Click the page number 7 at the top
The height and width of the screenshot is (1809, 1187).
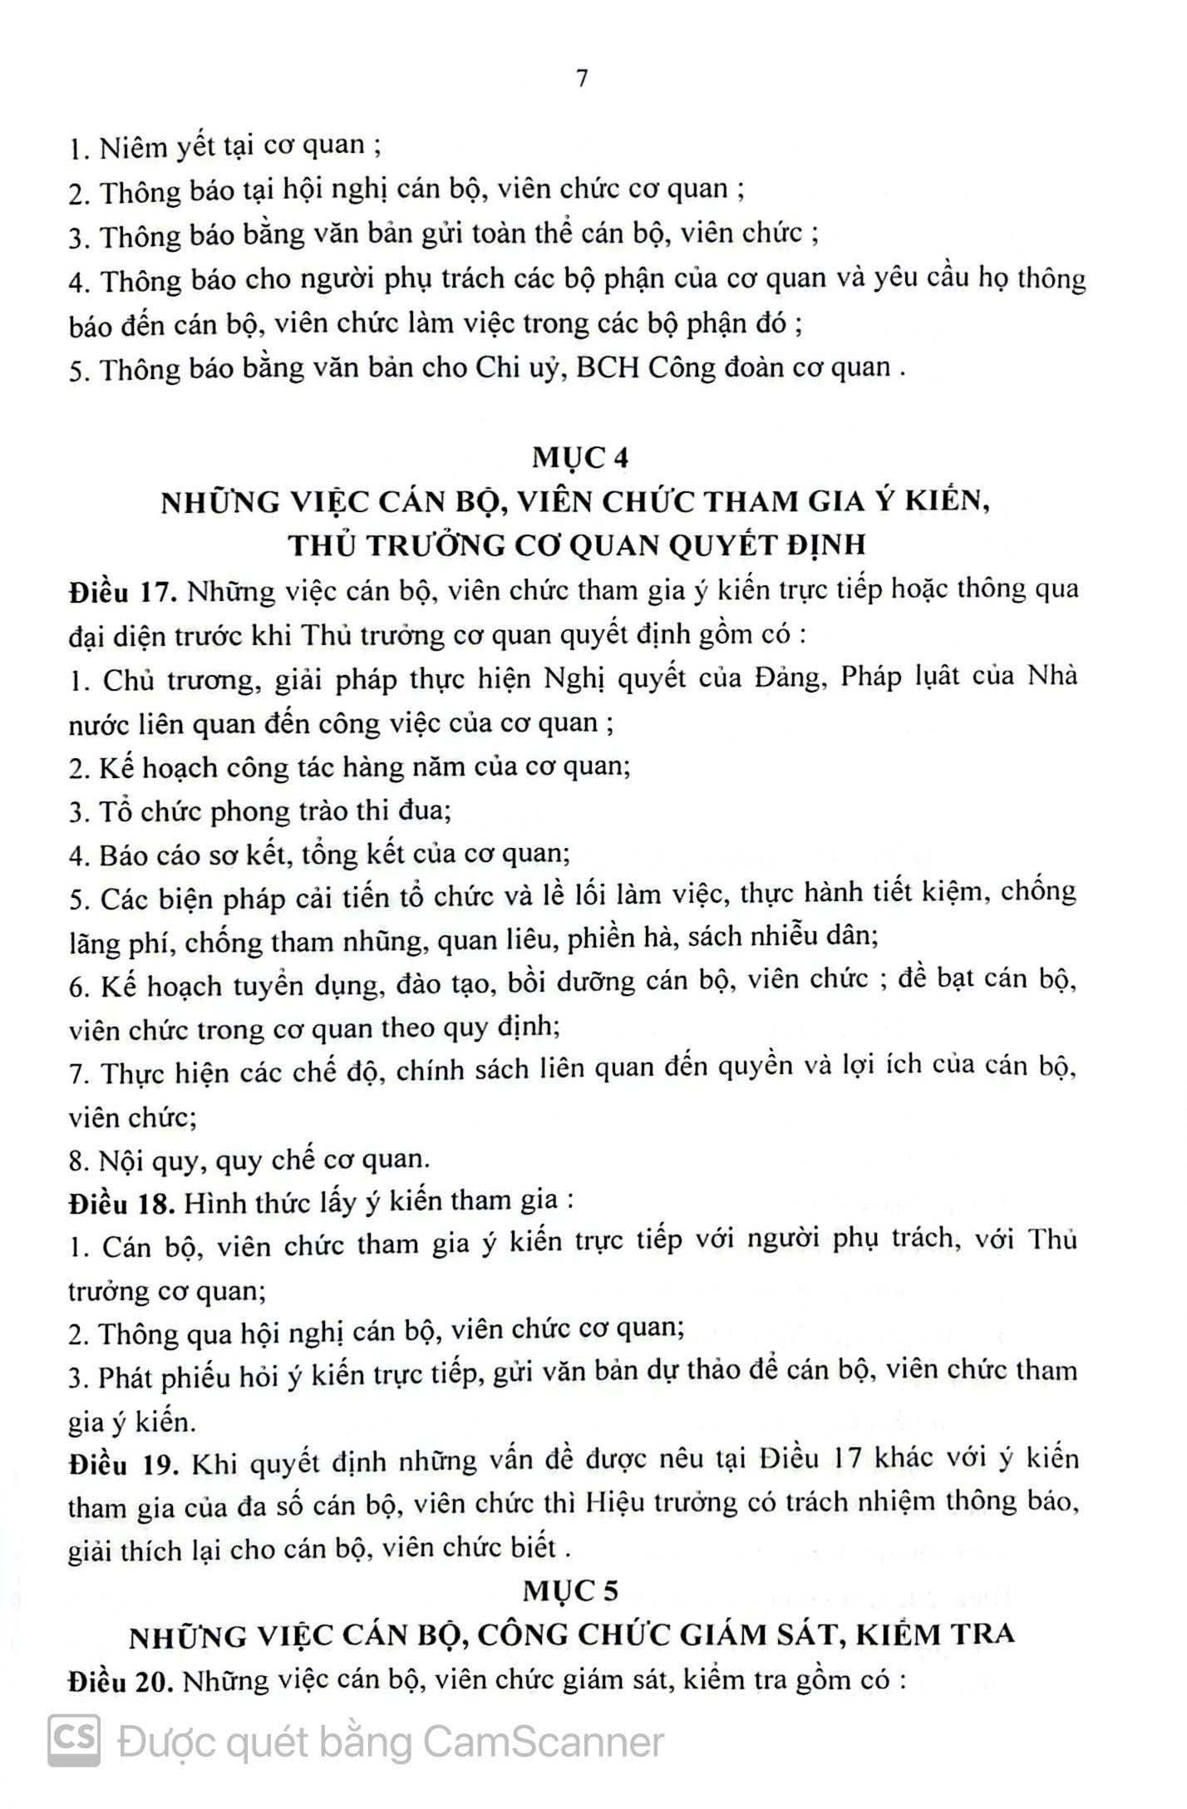tap(582, 78)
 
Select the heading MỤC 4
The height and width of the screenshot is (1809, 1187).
tap(581, 458)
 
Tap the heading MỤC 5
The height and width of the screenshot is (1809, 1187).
tap(571, 1591)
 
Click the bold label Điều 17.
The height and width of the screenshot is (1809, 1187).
tap(120, 593)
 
